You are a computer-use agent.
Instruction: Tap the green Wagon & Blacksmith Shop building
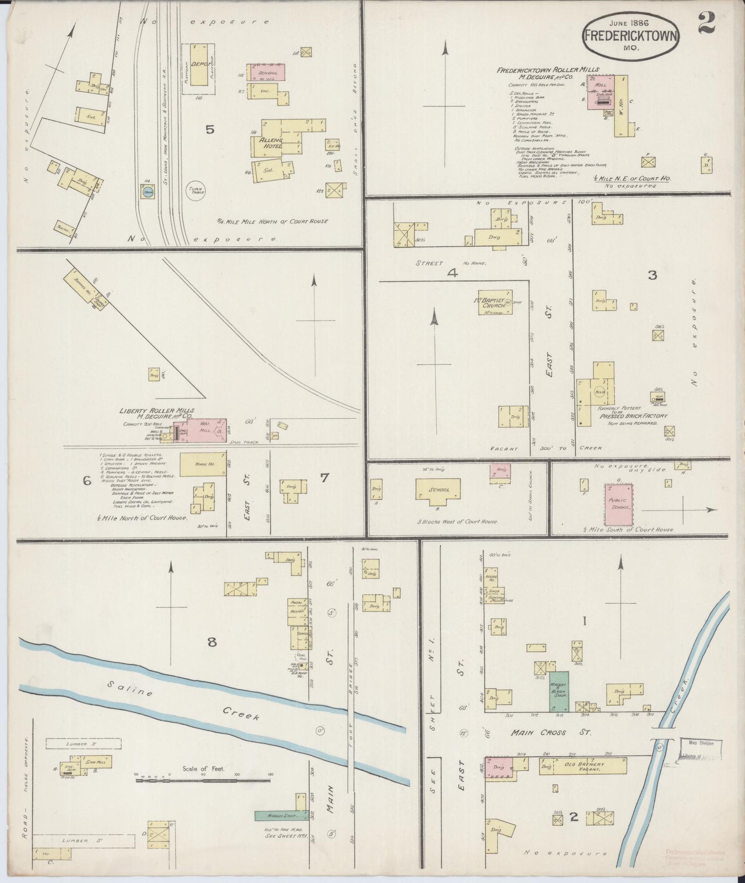tap(558, 692)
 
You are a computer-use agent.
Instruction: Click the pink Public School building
tap(618, 504)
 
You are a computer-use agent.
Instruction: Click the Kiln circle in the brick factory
tap(600, 392)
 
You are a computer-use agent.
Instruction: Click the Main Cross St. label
tap(538, 732)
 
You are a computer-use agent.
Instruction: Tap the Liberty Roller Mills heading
tap(157, 411)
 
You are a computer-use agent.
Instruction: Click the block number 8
tap(212, 642)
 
